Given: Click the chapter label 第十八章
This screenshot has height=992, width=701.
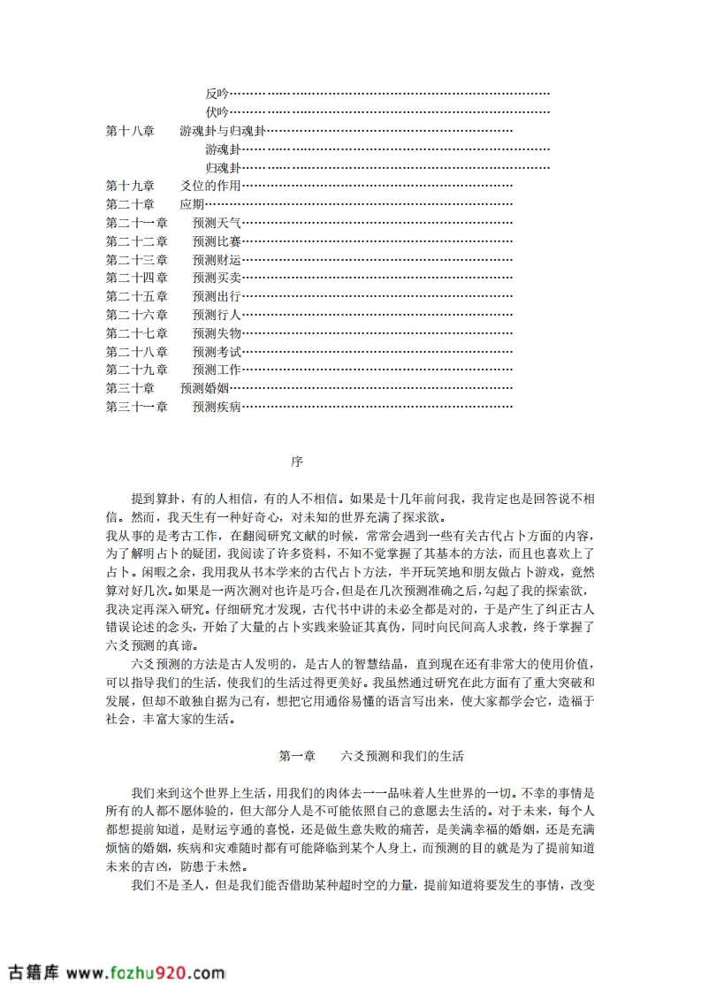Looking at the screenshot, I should [130, 131].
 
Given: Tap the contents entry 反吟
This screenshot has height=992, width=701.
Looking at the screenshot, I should [217, 94].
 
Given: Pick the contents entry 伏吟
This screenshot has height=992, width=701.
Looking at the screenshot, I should [217, 112].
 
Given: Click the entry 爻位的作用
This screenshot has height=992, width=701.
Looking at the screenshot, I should [210, 186].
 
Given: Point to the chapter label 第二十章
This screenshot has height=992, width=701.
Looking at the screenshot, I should [130, 204].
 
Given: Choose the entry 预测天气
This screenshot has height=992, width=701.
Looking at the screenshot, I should [217, 223].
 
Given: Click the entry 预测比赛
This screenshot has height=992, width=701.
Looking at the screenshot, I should [217, 241].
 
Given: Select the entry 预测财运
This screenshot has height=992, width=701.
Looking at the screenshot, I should [217, 260].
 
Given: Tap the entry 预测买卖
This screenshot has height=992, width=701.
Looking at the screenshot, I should [217, 278].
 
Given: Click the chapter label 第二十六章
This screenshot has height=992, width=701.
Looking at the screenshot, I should [136, 315].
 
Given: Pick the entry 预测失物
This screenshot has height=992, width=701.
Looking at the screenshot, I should [217, 333].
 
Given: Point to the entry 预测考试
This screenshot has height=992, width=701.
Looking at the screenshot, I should [217, 352].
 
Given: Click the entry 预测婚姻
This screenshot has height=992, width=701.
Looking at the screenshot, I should [204, 388].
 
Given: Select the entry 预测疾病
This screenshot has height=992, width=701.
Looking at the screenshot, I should [217, 407].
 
